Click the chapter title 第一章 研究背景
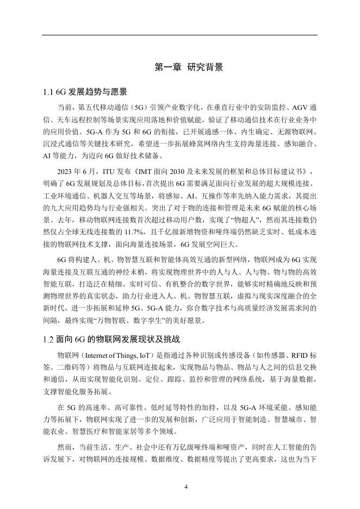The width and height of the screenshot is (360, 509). click(x=189, y=67)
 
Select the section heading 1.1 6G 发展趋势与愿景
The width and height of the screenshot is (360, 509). click(x=85, y=91)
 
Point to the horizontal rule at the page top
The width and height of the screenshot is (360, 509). click(x=180, y=35)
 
